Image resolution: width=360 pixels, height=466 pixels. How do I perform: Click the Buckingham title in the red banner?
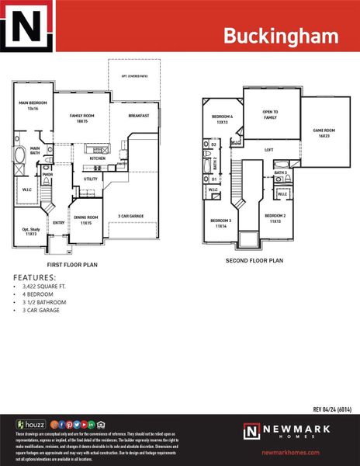[x=281, y=35]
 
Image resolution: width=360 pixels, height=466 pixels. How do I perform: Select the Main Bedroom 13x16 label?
[x=33, y=106]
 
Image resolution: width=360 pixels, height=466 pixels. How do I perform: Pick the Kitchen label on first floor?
[x=98, y=158]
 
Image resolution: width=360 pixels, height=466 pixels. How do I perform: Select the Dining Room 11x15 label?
[x=86, y=220]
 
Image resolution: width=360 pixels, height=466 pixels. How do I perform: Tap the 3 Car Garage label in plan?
[x=131, y=216]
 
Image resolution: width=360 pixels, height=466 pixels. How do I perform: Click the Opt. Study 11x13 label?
[x=31, y=231]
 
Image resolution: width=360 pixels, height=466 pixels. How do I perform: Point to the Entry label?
[x=58, y=223]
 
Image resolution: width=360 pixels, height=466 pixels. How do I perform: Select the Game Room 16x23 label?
[x=324, y=133]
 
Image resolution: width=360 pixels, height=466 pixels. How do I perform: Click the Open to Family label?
[x=270, y=115]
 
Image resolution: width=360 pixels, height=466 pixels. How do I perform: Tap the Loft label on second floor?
[x=269, y=150]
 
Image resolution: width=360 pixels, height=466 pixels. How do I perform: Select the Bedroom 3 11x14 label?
[x=220, y=222]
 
